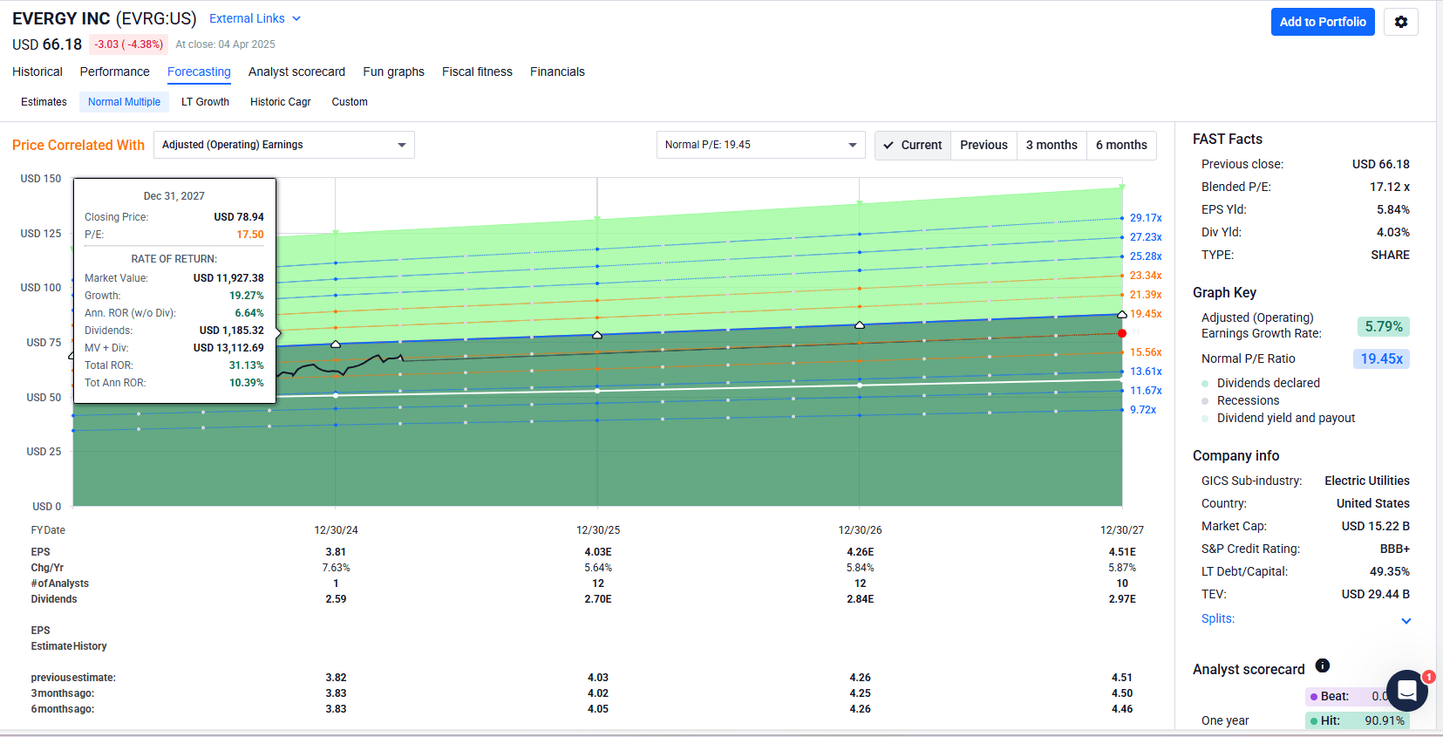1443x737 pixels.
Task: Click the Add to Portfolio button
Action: click(x=1322, y=22)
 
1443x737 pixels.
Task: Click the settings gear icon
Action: click(x=1401, y=22)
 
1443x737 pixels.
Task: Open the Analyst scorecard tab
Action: click(x=296, y=72)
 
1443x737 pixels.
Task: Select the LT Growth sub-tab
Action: click(x=205, y=102)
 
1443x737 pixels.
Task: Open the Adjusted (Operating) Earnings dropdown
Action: click(x=283, y=145)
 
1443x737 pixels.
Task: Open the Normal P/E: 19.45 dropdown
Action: click(x=760, y=145)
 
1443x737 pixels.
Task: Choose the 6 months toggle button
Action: click(x=1121, y=145)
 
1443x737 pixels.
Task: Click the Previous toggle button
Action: click(x=984, y=145)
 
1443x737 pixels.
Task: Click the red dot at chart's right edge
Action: click(x=1122, y=333)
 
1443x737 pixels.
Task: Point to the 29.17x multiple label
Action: click(x=1146, y=218)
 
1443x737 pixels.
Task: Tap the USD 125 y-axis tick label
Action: click(x=41, y=234)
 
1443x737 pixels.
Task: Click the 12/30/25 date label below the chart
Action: click(x=598, y=530)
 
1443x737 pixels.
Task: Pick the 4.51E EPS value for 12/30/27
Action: click(x=1122, y=552)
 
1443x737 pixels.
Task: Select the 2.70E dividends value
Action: click(x=598, y=599)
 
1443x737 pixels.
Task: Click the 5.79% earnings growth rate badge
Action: click(x=1383, y=327)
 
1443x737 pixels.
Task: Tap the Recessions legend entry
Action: click(x=1248, y=400)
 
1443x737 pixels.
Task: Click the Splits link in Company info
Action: click(x=1217, y=618)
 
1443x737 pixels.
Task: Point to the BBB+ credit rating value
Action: click(x=1394, y=549)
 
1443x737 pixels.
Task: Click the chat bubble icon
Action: click(x=1406, y=691)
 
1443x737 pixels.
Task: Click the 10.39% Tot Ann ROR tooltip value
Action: click(x=246, y=383)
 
